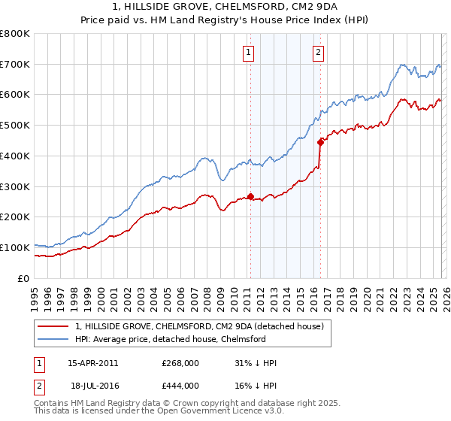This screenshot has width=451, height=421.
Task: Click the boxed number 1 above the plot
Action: pos(248,52)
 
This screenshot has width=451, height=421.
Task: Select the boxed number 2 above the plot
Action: pos(319,52)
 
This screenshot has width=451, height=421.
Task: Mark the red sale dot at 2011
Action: pos(250,197)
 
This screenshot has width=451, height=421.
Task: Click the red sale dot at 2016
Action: pos(320,141)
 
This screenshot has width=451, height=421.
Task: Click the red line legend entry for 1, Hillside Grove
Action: pos(199,326)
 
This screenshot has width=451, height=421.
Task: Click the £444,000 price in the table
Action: pos(180,386)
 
